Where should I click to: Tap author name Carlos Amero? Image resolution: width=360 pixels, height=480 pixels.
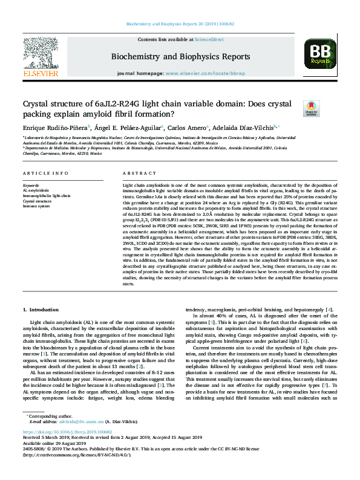[188, 128]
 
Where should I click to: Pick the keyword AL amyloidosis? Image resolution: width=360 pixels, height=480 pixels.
[36, 190]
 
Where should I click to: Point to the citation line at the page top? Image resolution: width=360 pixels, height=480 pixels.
[180, 24]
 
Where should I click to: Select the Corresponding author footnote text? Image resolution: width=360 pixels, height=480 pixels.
[49, 432]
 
